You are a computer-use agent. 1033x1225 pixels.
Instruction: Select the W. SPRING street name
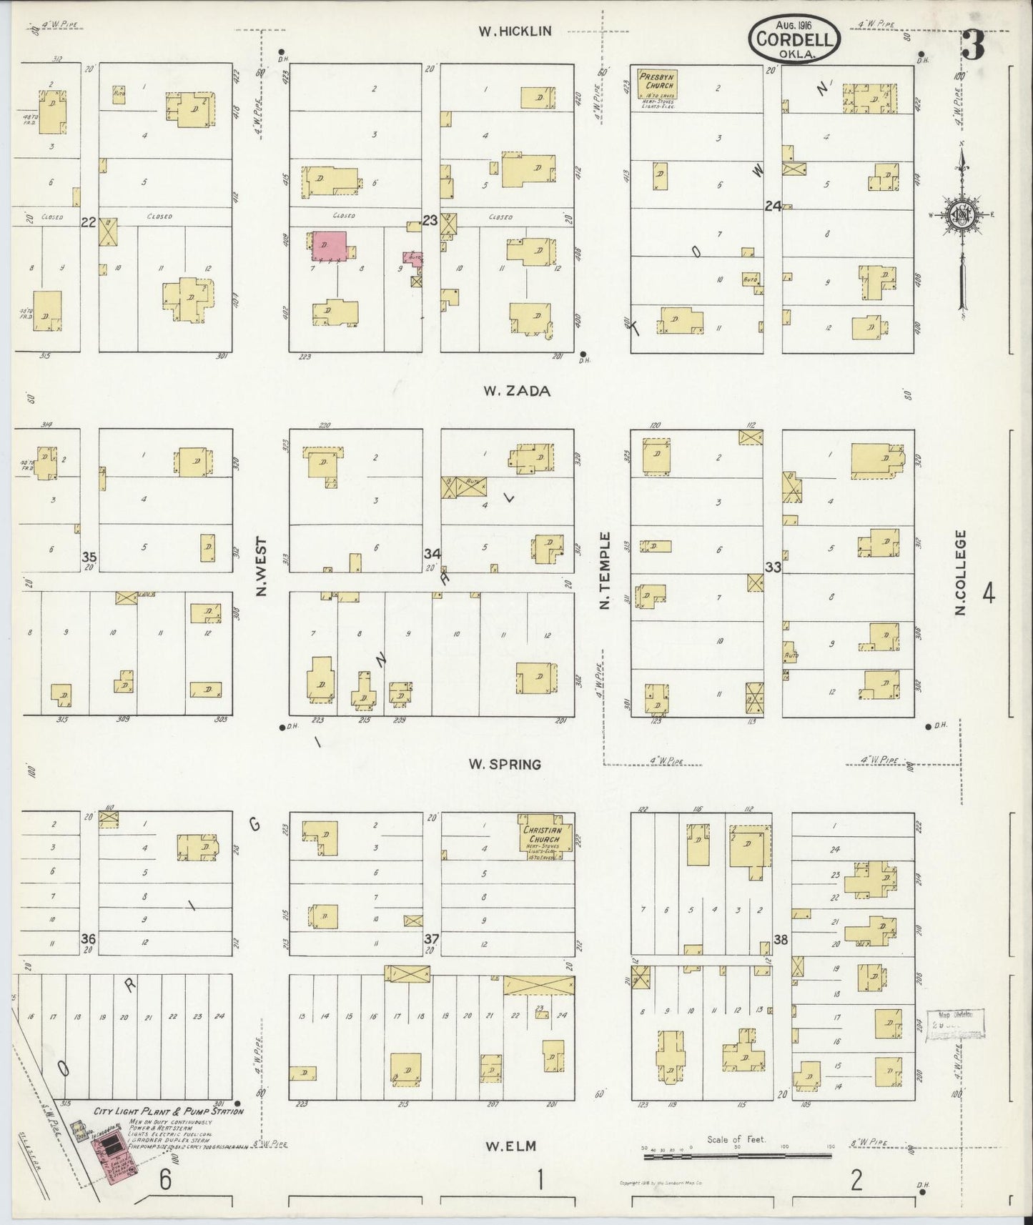505,765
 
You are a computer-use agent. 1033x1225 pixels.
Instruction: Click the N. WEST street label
260,567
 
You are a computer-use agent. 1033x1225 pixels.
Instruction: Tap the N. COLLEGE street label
961,572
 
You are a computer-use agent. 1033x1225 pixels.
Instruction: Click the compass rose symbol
963,214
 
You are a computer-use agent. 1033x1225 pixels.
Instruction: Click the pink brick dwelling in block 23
328,245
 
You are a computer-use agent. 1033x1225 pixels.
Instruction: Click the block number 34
432,555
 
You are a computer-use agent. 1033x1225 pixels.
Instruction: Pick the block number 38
780,940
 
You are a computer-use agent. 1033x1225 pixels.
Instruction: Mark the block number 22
89,222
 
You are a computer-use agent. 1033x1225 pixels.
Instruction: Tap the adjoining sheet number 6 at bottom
165,1181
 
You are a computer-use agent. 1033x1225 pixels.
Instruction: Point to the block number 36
89,938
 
